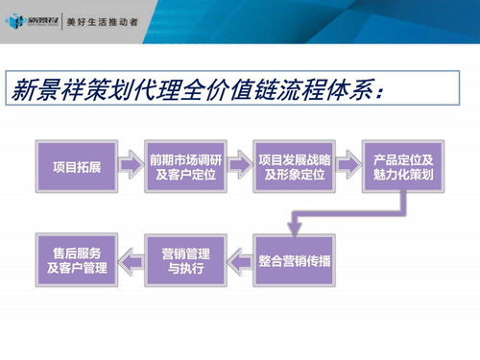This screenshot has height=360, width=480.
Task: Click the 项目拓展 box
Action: [x=77, y=167]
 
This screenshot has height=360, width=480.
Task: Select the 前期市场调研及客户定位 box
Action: [x=185, y=167]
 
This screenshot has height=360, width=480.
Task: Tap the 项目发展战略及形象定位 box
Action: [x=294, y=167]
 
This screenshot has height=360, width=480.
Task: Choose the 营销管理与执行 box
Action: [x=185, y=260]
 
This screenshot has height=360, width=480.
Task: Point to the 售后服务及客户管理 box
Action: [x=77, y=260]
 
